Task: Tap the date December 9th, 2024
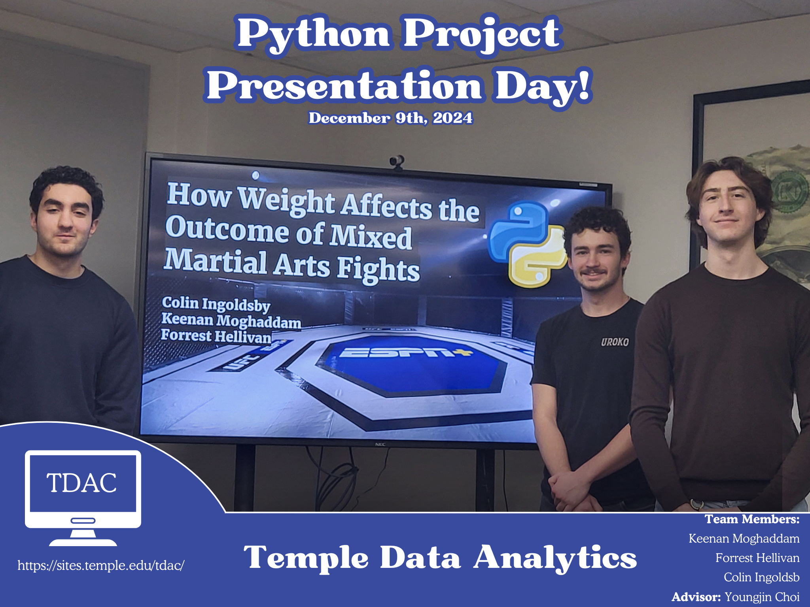click(390, 118)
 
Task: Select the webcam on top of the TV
click(397, 162)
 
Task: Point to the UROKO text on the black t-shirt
click(615, 342)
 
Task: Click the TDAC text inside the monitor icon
click(82, 483)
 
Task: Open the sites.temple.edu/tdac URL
click(101, 566)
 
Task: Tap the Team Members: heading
click(752, 519)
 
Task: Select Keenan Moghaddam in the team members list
click(744, 538)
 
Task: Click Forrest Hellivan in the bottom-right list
click(757, 558)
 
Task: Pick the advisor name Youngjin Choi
click(762, 597)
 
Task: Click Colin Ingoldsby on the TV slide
click(216, 303)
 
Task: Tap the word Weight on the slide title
click(287, 201)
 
